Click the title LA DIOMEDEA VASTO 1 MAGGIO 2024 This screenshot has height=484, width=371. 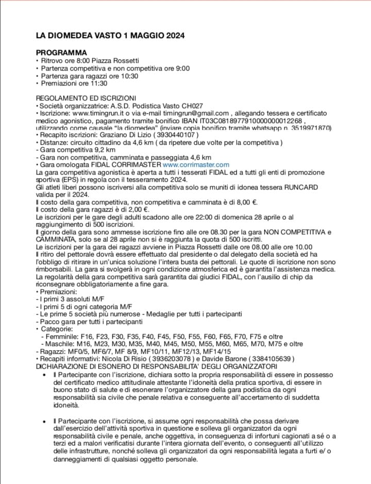pos(110,36)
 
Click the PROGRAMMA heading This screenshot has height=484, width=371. pos(61,53)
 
